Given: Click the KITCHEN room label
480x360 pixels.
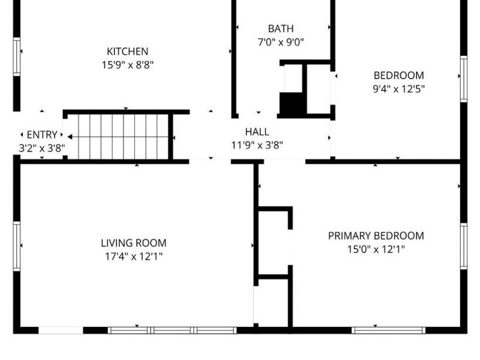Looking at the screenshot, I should click(x=127, y=52).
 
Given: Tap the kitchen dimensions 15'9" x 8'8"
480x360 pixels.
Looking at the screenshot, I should click(x=127, y=65).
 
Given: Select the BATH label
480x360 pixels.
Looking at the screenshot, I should click(x=281, y=28).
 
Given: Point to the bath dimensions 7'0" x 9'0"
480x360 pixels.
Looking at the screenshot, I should click(x=281, y=42).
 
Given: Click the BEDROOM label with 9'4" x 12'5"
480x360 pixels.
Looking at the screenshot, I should click(x=398, y=76).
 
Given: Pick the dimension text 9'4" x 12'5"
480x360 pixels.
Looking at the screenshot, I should click(x=398, y=89).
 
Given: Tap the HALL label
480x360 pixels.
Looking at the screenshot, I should click(x=257, y=131).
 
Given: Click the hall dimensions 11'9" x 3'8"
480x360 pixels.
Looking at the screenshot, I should click(x=257, y=145).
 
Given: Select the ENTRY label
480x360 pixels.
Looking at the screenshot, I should click(x=42, y=134).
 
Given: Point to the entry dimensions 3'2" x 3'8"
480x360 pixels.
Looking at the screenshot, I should click(x=42, y=148).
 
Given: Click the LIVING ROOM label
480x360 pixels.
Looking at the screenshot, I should click(x=133, y=243).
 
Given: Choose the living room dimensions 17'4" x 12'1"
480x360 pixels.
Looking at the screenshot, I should click(x=133, y=256).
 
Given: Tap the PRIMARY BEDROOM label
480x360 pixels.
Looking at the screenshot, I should click(x=376, y=236).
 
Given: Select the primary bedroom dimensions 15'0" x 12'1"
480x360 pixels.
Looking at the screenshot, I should click(x=376, y=249).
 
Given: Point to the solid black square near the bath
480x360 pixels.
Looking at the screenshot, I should click(x=292, y=104).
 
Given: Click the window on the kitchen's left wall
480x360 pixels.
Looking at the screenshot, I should click(x=17, y=57).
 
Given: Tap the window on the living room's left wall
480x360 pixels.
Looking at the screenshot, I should click(x=17, y=246).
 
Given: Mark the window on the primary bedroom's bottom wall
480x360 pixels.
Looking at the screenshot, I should click(x=388, y=330).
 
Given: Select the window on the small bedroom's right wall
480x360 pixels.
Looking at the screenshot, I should click(x=463, y=79).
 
